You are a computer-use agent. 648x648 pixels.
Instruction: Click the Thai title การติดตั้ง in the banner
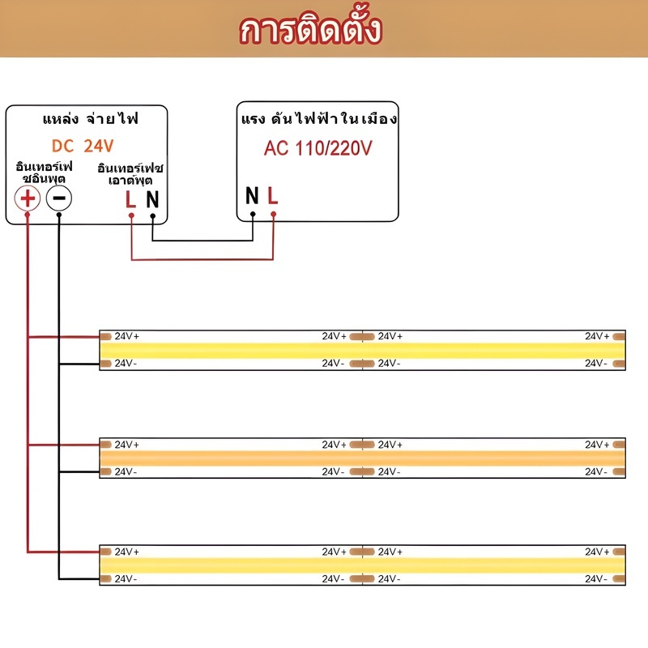(x=310, y=30)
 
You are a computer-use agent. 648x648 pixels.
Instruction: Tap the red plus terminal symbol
(x=28, y=198)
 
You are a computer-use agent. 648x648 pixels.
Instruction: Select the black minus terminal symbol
(x=58, y=198)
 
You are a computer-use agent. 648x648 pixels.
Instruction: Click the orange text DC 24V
(x=83, y=146)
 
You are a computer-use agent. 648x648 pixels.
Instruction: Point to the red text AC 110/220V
(x=318, y=148)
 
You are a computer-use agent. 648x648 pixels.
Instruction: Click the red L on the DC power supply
(x=130, y=199)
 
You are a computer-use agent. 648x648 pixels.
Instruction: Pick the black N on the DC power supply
(x=152, y=199)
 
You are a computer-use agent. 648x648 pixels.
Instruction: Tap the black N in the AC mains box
(x=252, y=195)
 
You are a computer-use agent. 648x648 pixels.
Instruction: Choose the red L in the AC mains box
(x=273, y=195)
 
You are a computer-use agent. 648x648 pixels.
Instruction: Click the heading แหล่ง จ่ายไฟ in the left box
(x=91, y=119)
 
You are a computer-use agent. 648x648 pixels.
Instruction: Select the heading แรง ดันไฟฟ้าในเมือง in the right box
(x=319, y=118)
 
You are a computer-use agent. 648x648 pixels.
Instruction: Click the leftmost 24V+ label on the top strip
(x=127, y=336)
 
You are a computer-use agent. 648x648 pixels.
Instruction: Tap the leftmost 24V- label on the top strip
(x=126, y=363)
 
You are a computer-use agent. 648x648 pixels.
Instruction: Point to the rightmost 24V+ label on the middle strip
(x=597, y=445)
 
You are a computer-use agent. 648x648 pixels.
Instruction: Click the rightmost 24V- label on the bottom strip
(x=596, y=579)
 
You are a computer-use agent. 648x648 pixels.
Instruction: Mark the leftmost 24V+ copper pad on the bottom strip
(x=106, y=552)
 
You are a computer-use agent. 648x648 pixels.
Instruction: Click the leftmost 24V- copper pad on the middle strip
(x=106, y=471)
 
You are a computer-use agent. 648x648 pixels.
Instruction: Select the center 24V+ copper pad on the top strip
(x=362, y=337)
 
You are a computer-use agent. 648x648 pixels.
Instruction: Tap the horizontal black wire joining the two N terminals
(x=202, y=240)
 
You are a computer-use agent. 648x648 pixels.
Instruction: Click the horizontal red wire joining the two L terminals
(x=202, y=259)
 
